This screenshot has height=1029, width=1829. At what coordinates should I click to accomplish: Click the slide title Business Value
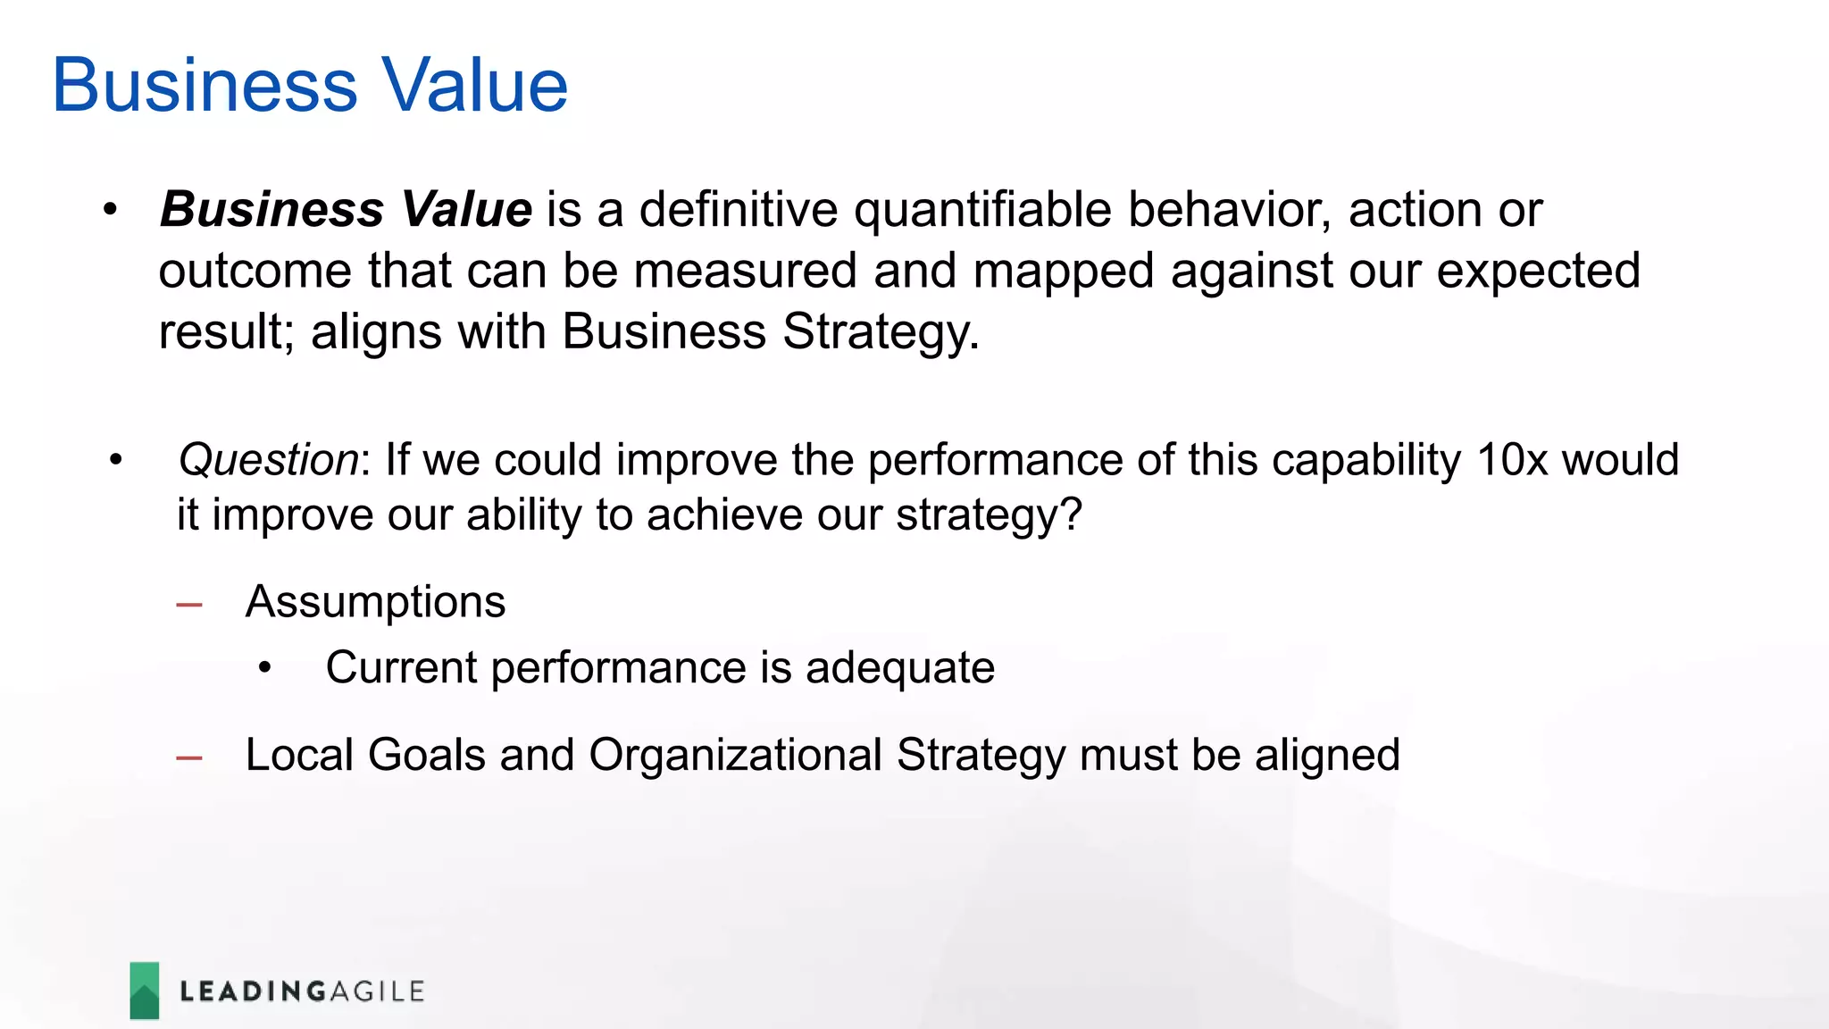click(x=310, y=86)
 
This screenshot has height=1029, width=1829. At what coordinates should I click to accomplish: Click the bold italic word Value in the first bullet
click(x=466, y=210)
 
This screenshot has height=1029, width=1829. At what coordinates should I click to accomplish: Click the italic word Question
click(x=268, y=461)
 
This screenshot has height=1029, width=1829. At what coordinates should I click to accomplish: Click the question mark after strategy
click(x=1071, y=515)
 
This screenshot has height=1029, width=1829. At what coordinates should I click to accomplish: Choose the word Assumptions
click(x=375, y=602)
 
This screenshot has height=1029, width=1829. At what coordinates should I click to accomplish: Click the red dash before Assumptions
click(x=189, y=606)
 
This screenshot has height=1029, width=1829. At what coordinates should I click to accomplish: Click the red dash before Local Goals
click(x=189, y=758)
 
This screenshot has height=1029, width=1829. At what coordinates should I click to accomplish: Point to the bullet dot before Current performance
click(x=264, y=668)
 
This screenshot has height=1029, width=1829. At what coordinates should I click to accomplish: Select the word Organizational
click(x=735, y=756)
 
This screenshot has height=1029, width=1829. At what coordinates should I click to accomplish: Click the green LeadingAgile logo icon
click(x=145, y=990)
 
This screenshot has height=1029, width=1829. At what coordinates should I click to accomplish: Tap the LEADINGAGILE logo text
click(x=302, y=991)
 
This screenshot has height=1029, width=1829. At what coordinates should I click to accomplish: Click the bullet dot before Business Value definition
click(x=110, y=211)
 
